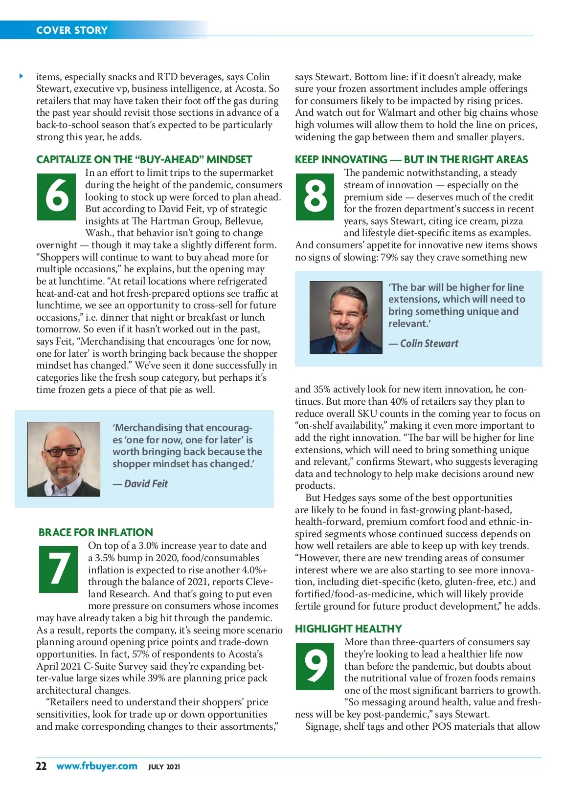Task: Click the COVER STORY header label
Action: (x=71, y=30)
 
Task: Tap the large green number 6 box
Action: (x=57, y=196)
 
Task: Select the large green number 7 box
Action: (x=58, y=569)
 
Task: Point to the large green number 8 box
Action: (x=315, y=196)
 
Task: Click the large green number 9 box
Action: (x=316, y=666)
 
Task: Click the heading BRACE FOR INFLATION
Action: (x=96, y=532)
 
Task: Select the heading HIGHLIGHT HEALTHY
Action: (x=348, y=629)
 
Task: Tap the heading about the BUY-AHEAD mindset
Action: (x=144, y=160)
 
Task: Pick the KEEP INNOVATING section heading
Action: (x=411, y=160)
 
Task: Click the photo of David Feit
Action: (x=64, y=459)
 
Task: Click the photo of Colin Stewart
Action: (x=346, y=317)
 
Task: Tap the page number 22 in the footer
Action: (x=41, y=766)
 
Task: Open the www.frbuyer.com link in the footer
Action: (x=97, y=766)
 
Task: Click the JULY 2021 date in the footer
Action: (x=164, y=767)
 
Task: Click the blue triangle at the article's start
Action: (x=22, y=76)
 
